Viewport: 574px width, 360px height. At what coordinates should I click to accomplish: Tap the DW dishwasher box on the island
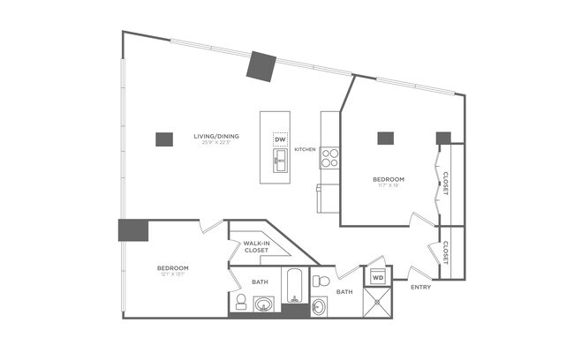280,139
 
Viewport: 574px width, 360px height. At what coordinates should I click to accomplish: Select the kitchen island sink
280,160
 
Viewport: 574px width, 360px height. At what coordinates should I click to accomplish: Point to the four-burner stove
330,158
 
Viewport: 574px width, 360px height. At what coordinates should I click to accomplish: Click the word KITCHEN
305,149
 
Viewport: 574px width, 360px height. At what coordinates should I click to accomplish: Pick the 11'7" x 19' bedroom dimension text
389,186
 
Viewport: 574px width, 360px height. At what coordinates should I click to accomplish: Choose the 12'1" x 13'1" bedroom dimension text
172,274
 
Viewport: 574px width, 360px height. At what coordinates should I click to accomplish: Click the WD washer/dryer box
378,278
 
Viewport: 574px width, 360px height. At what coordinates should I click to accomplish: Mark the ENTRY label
421,287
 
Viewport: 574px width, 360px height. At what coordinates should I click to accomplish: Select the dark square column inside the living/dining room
163,139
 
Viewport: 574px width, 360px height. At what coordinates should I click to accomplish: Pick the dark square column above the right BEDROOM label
385,138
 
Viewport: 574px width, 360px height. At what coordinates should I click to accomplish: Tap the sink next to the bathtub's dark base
263,305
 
